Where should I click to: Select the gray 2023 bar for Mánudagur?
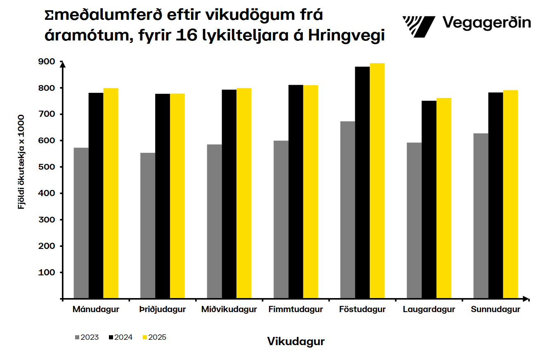81,223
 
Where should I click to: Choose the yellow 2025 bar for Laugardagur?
444,198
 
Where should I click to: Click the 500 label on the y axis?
46,167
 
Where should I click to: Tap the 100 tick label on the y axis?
46,272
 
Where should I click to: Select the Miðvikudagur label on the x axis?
229,309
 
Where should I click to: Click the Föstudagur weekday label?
362,309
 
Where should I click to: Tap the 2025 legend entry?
154,337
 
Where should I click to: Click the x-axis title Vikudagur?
296,341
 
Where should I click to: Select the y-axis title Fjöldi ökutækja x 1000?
21,162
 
